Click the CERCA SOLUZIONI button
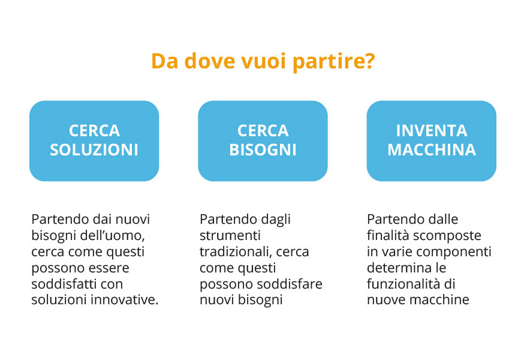(94, 140)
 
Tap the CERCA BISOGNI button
(263, 140)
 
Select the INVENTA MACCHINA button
(432, 140)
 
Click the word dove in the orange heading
(209, 61)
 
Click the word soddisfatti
(64, 284)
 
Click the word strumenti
(230, 236)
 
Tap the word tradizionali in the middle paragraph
(236, 252)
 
